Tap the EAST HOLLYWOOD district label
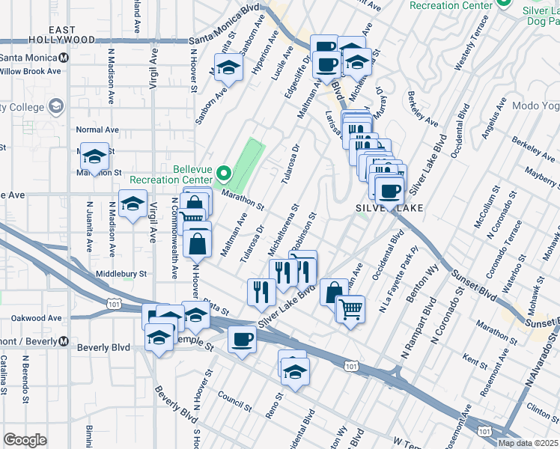(62, 34)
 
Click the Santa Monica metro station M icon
(64, 58)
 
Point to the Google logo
(25, 440)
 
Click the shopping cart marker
(350, 308)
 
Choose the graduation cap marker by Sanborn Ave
(228, 67)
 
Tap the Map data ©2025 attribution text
(527, 442)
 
